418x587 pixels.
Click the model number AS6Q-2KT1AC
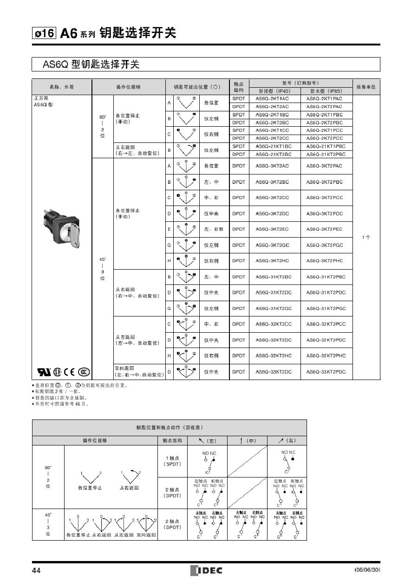272,99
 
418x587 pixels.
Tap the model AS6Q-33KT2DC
274,372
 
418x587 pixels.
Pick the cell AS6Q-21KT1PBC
326,146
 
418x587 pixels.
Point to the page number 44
36,570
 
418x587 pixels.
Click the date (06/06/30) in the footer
367,570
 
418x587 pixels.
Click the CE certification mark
68,372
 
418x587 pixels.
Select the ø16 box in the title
44,34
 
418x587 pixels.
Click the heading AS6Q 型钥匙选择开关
91,65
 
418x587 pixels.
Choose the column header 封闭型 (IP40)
274,91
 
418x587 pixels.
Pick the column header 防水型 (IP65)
326,91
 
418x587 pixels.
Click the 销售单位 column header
366,87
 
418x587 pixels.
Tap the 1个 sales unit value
366,238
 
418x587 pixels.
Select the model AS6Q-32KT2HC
274,356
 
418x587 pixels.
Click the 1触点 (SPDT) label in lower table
172,461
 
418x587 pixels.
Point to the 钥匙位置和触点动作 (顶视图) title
169,427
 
